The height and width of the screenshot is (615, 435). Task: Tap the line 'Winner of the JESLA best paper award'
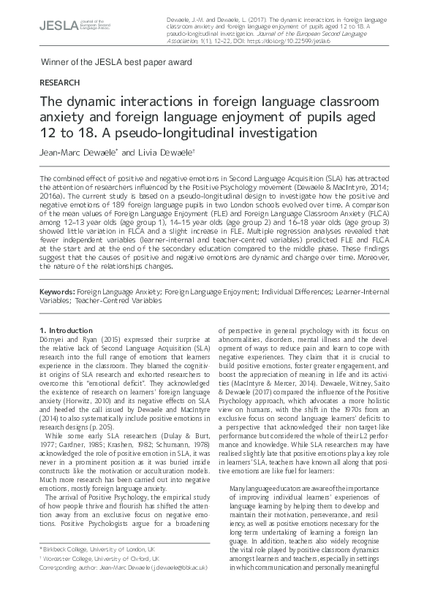(117, 62)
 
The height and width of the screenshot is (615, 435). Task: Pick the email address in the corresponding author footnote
(166, 587)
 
